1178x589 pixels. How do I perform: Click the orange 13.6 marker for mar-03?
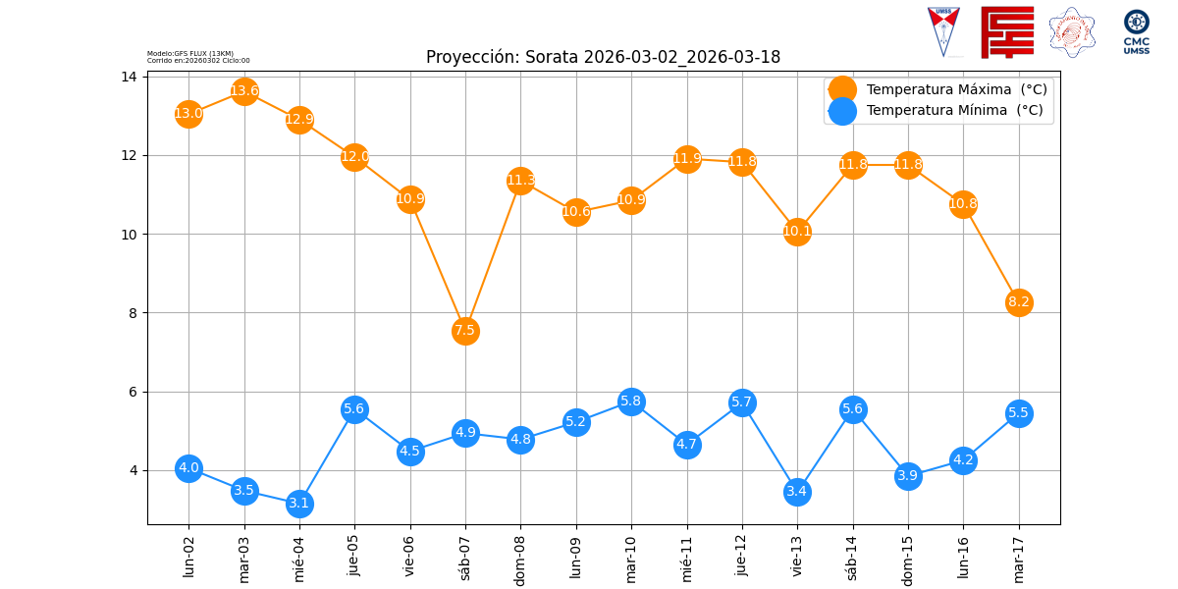[244, 91]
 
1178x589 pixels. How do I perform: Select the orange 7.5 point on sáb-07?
[465, 331]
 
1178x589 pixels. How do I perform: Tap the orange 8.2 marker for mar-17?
[1019, 302]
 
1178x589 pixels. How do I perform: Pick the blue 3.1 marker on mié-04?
[299, 504]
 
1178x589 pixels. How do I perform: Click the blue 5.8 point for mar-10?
[631, 402]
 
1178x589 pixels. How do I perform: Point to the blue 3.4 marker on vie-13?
[797, 492]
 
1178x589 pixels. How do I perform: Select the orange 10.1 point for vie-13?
[797, 232]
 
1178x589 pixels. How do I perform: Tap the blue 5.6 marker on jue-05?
[354, 409]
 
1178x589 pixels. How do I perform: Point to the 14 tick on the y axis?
[129, 77]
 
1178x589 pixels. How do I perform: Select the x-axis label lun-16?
[963, 557]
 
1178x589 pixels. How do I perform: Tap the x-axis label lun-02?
[189, 557]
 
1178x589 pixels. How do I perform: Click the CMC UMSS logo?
[1136, 31]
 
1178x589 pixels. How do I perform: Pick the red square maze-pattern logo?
[1007, 31]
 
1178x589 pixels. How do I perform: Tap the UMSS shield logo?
[943, 31]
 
